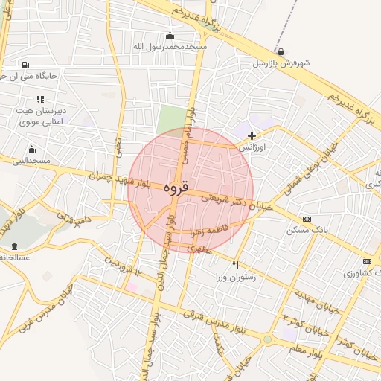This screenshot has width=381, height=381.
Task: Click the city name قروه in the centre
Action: click(176, 188)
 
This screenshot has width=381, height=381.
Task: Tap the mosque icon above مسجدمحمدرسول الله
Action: click(170, 35)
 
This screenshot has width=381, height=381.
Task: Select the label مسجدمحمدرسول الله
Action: click(169, 47)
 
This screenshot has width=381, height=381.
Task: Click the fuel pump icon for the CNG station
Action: click(27, 65)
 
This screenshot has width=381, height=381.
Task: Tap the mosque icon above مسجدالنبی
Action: click(31, 150)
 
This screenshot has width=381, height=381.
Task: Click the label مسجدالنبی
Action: click(31, 161)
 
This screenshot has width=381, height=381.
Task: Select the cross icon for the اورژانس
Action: click(252, 135)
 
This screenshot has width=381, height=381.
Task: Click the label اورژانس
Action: click(252, 147)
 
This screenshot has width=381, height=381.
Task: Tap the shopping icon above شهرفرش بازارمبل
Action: click(281, 51)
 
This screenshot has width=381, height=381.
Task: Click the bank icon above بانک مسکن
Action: click(307, 219)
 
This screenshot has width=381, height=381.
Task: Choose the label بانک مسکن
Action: click(306, 231)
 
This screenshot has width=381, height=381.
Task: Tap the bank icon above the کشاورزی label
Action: click(367, 261)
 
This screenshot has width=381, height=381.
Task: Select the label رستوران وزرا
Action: click(236, 277)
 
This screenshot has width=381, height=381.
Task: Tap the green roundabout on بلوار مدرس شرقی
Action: click(267, 340)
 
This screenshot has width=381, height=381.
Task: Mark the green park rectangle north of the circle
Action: click(171, 119)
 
